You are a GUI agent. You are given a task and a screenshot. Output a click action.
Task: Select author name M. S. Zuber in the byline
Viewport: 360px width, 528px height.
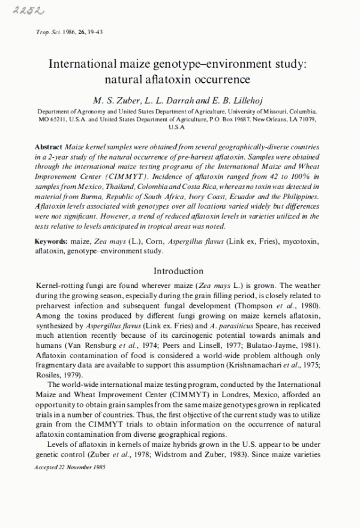pyautogui.click(x=109, y=98)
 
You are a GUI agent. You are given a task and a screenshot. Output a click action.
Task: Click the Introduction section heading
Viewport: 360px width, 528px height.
pyautogui.click(x=179, y=271)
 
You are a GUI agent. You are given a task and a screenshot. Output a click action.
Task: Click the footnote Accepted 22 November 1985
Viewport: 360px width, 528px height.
pyautogui.click(x=71, y=467)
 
